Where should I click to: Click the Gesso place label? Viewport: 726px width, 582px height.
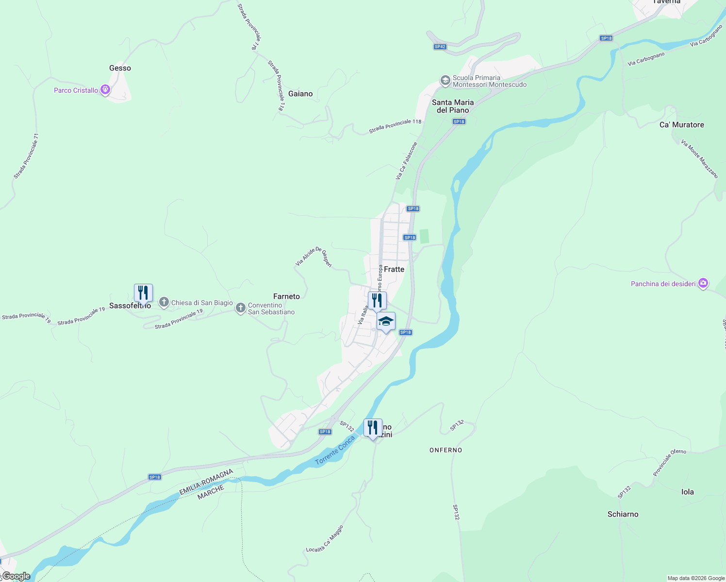[x=120, y=68]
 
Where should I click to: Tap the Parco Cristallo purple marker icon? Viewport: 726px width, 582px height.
[x=105, y=90]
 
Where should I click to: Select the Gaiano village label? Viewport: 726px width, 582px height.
[x=300, y=94]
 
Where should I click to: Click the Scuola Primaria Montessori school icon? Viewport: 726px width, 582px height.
[x=445, y=81]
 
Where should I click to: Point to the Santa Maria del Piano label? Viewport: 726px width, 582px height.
[x=452, y=106]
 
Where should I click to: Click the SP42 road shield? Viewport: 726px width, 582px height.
[x=440, y=47]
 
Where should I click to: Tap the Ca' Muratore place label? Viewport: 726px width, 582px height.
[x=681, y=125]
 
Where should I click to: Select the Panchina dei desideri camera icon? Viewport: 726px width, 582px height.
[x=703, y=284]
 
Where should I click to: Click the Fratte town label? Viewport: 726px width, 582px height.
[x=394, y=269]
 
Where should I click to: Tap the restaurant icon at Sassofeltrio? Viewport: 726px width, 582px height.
[x=143, y=293]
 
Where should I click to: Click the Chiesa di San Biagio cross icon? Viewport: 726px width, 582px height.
[x=164, y=303]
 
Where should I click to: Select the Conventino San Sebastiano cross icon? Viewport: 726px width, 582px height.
[x=240, y=308]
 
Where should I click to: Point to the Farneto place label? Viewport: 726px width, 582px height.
[x=286, y=296]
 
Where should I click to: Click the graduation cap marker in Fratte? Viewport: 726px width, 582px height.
[x=386, y=322]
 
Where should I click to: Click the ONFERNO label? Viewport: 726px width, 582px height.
[x=445, y=450]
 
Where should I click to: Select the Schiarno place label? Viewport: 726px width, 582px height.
[x=623, y=514]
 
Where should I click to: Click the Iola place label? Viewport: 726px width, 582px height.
[x=687, y=492]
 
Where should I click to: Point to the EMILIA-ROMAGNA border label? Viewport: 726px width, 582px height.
[x=206, y=482]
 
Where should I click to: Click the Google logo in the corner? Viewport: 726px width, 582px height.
[x=16, y=576]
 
